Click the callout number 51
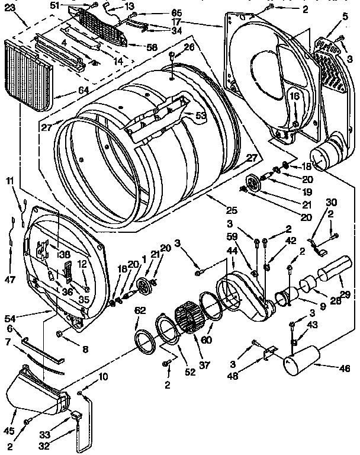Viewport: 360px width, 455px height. (x=72, y=5)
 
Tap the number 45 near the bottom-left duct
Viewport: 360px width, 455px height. (x=8, y=414)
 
